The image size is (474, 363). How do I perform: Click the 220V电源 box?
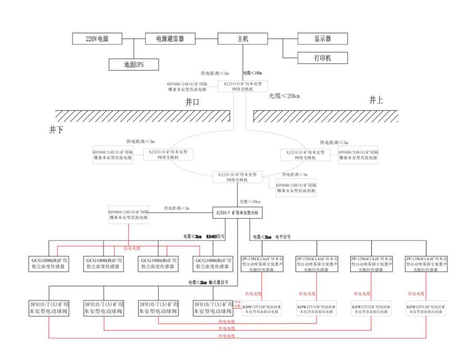[97, 38]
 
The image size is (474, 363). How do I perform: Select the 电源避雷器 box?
[170, 38]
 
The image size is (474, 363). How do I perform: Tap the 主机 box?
[243, 38]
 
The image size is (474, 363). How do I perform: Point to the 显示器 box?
[322, 38]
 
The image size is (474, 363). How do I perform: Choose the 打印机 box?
[322, 57]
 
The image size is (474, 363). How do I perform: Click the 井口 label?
[193, 102]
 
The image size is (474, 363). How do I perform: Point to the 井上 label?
[376, 100]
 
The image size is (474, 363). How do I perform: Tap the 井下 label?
[56, 130]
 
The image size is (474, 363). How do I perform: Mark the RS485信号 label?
[215, 237]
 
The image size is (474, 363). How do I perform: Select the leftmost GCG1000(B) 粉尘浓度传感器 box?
[48, 263]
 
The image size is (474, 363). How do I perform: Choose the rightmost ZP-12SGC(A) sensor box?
[426, 264]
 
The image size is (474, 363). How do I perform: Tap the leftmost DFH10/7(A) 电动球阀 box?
[48, 308]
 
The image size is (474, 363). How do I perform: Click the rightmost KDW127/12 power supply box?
[426, 309]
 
